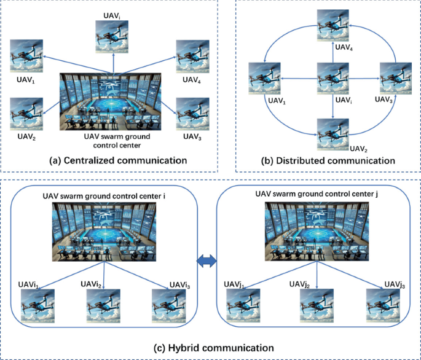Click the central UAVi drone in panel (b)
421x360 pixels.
click(332, 78)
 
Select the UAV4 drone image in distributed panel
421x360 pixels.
click(332, 29)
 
